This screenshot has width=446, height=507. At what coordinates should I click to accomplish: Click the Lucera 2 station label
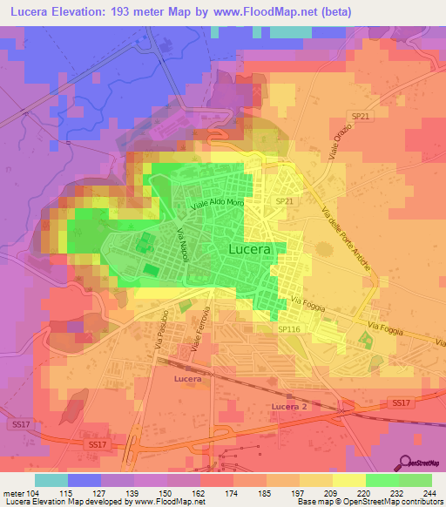coord(290,408)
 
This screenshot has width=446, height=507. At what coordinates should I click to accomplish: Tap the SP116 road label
coord(289,328)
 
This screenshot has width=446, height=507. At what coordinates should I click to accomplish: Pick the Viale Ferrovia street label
coord(201,328)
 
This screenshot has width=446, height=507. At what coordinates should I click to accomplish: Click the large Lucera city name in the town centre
coord(253,248)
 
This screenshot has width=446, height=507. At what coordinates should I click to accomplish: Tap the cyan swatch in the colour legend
coord(51,480)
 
